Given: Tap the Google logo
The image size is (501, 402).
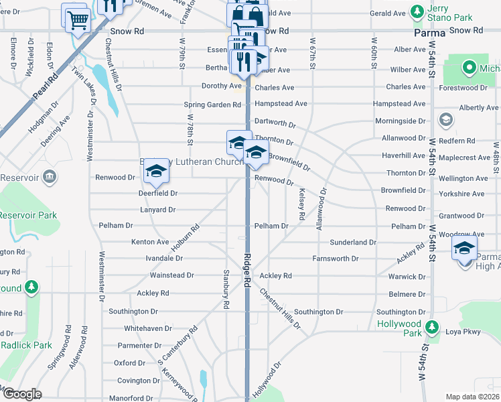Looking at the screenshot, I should click(21, 394).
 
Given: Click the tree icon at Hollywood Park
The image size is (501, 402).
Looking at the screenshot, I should click(433, 328).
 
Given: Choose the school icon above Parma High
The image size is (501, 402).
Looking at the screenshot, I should click(464, 248).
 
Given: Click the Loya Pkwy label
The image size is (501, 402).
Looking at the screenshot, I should click(463, 331).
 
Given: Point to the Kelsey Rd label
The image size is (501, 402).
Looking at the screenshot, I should click(301, 205).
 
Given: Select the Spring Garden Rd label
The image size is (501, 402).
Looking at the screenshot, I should click(212, 105).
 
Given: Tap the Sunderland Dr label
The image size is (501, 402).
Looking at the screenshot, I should click(352, 242).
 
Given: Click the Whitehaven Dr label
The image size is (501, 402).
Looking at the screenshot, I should click(148, 329).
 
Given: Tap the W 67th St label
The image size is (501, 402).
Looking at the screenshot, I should click(312, 53).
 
